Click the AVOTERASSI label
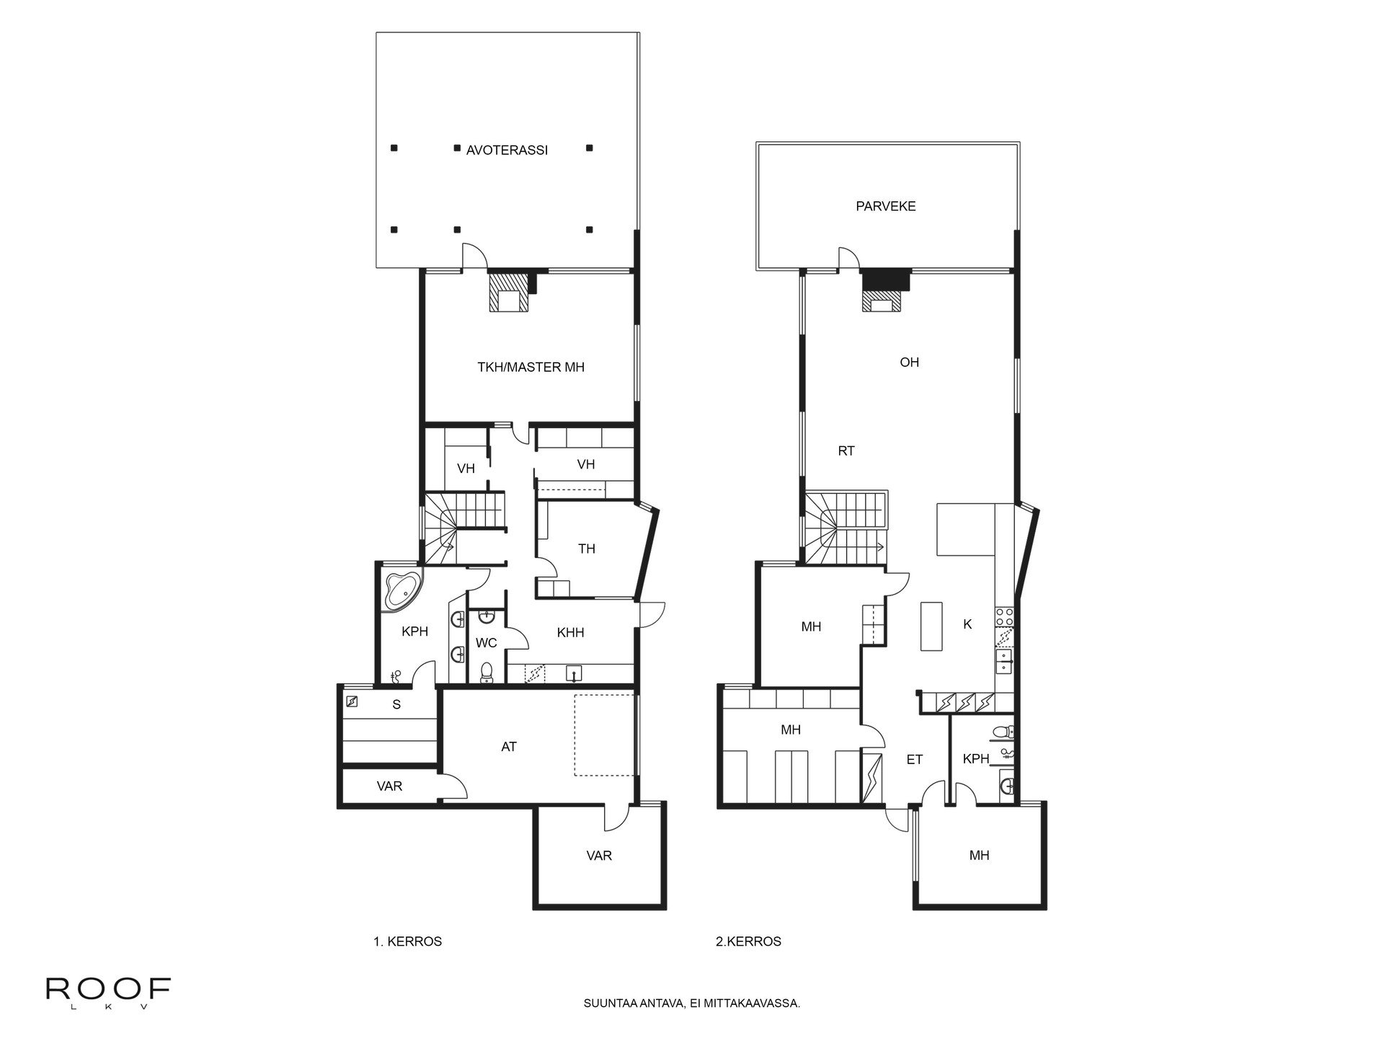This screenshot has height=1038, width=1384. pyautogui.click(x=507, y=151)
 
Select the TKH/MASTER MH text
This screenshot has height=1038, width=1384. pyautogui.click(x=531, y=367)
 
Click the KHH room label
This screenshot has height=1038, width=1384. pyautogui.click(x=570, y=633)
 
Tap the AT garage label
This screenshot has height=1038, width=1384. pyautogui.click(x=509, y=747)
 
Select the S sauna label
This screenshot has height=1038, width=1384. pyautogui.click(x=396, y=705)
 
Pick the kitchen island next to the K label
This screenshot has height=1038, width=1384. pyautogui.click(x=931, y=626)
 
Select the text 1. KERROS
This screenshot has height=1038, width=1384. pyautogui.click(x=407, y=941)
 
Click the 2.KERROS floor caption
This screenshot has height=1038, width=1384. pyautogui.click(x=748, y=941)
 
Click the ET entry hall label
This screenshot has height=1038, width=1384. pyautogui.click(x=914, y=759)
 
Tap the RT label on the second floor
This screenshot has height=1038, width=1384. pyautogui.click(x=846, y=451)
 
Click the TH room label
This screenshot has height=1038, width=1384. pyautogui.click(x=587, y=549)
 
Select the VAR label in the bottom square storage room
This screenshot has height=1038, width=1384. pyautogui.click(x=599, y=856)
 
